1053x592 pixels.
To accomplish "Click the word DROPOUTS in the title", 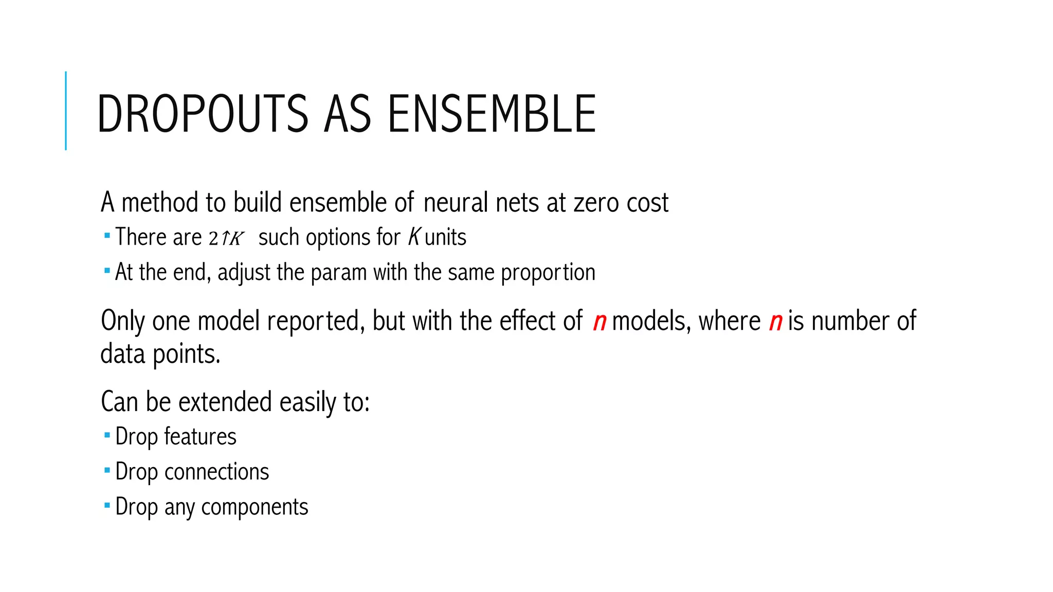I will click(x=202, y=114).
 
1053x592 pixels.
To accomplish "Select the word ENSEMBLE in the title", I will click(x=492, y=114).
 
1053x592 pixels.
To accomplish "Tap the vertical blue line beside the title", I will click(x=66, y=110).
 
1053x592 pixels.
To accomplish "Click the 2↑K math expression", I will click(x=226, y=238).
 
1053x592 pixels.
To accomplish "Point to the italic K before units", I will click(x=414, y=237).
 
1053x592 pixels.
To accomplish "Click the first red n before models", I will click(x=600, y=322).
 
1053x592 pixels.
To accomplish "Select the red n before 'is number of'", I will click(x=775, y=322).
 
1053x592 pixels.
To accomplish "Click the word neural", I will click(x=456, y=202).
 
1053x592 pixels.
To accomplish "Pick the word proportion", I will click(x=548, y=272).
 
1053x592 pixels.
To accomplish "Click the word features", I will click(x=200, y=437).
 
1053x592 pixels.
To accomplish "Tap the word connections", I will click(x=216, y=472).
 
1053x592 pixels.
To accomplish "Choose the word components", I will click(x=255, y=507).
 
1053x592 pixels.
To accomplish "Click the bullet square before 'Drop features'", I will click(x=107, y=435).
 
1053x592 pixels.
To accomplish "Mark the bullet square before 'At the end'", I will click(x=107, y=271).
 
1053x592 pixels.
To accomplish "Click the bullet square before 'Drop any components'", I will click(x=107, y=506).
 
